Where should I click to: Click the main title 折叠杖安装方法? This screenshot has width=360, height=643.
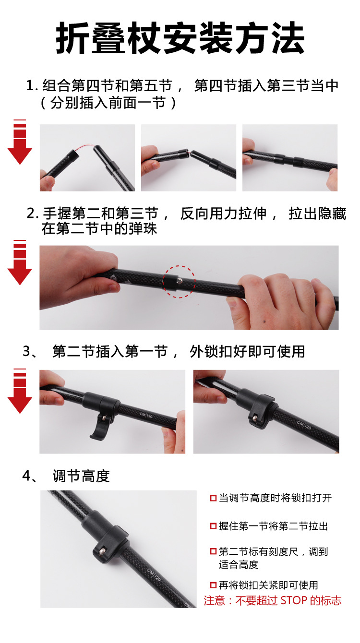(x=180, y=38)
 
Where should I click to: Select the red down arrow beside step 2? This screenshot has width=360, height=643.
(x=20, y=263)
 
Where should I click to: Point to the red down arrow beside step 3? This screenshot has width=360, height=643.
(x=20, y=392)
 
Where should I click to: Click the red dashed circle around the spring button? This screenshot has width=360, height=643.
(x=179, y=282)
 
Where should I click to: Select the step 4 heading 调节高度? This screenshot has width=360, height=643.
(x=81, y=476)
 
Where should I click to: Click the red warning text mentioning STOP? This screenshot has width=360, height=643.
(x=272, y=600)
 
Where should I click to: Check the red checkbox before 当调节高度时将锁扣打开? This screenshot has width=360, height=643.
(x=213, y=499)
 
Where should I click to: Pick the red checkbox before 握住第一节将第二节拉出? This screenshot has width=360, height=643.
(x=213, y=526)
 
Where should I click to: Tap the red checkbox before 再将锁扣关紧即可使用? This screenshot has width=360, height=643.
(x=213, y=585)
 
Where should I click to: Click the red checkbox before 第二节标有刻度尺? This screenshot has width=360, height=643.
(x=213, y=552)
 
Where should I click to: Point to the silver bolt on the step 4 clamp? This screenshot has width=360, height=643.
(x=102, y=551)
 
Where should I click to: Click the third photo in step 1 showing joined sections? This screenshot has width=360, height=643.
(x=289, y=158)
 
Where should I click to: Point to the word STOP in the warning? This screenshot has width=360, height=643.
(x=294, y=600)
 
